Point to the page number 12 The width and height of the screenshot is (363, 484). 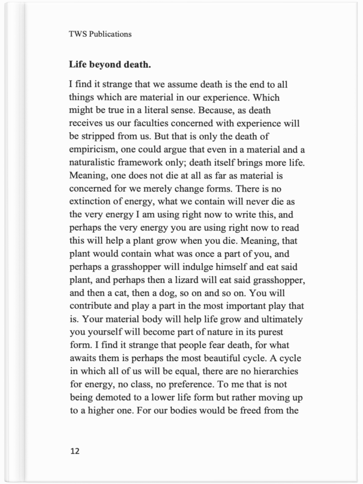pos(75,451)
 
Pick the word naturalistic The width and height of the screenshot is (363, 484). pos(92,163)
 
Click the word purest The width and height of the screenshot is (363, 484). pos(270,332)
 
